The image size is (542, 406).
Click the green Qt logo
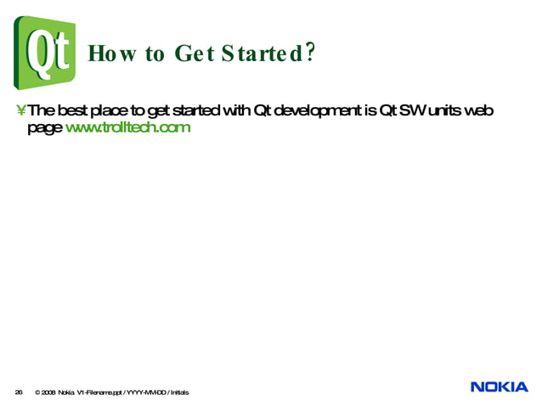44,53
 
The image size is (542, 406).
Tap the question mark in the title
310,54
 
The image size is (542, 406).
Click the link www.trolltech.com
127,127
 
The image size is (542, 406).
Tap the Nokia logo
499,387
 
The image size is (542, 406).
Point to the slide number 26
19,392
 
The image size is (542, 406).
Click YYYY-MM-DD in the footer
145,392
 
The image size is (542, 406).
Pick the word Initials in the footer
179,392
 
